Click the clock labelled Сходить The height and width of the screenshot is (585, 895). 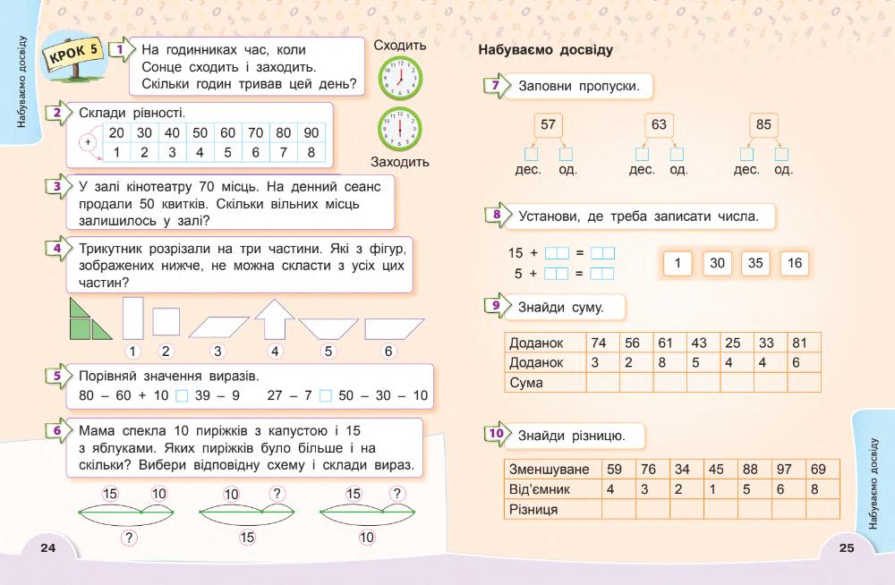click(400, 77)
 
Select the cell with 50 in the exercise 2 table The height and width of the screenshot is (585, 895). click(200, 132)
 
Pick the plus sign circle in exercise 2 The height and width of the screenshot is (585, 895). click(88, 142)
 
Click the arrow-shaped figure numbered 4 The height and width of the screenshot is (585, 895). click(275, 319)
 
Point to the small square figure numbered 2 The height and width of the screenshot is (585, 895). click(166, 321)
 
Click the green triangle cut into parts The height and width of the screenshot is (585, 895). click(90, 319)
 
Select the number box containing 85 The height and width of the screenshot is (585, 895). click(763, 125)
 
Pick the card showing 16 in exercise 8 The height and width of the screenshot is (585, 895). click(795, 263)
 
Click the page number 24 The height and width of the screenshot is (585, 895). click(48, 547)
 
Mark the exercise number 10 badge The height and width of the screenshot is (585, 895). click(495, 435)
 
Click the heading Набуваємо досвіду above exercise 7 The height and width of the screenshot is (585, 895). click(546, 50)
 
